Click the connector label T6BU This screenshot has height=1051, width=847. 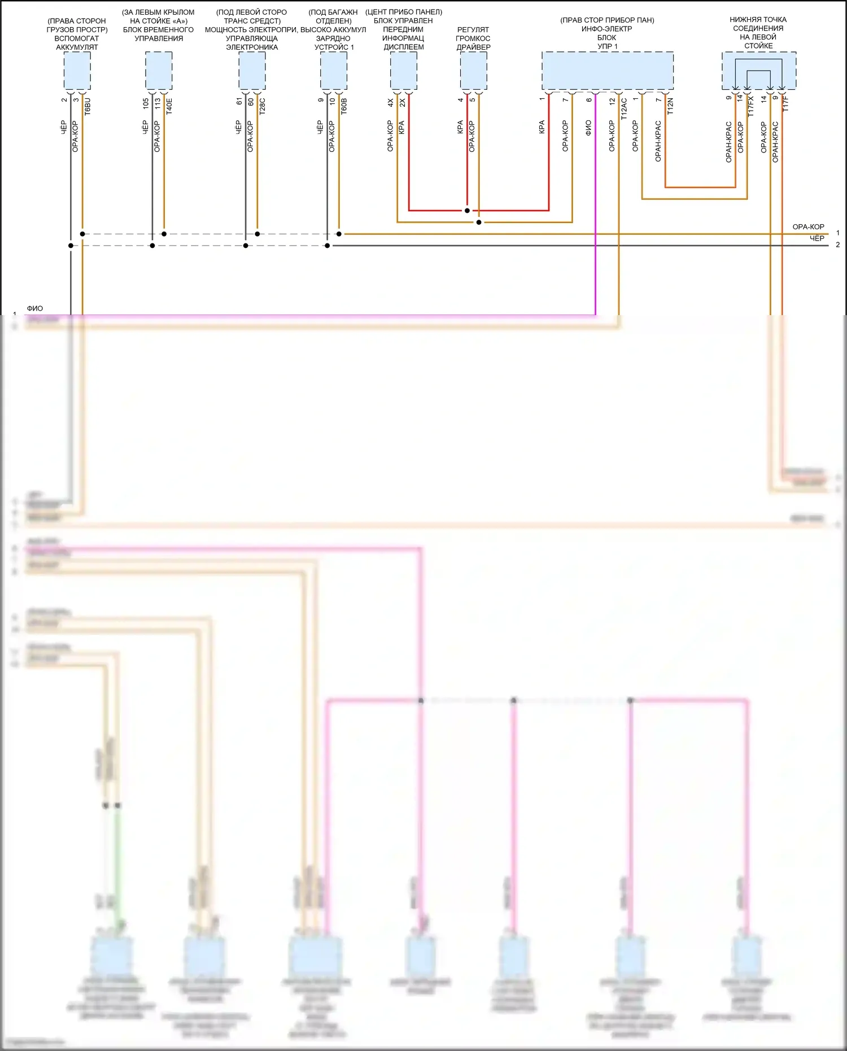(x=87, y=106)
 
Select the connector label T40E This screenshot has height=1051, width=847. (x=169, y=106)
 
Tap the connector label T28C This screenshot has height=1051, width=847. (x=262, y=106)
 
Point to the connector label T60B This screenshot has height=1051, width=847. (x=344, y=106)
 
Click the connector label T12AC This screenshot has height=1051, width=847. (x=624, y=108)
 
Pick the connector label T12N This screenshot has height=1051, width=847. (x=670, y=106)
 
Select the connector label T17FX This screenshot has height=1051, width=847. (x=750, y=106)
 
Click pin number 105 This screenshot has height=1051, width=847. (x=146, y=103)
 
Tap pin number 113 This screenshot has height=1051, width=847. (x=158, y=103)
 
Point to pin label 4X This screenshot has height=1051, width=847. (x=390, y=102)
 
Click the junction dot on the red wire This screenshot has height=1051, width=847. (x=467, y=211)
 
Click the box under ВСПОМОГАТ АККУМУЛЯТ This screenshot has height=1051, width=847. (x=77, y=71)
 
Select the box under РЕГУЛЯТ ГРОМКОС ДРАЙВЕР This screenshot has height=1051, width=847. (x=473, y=71)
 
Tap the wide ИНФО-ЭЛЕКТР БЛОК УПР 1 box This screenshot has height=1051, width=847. (x=607, y=71)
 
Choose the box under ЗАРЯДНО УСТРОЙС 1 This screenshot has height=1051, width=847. (x=334, y=71)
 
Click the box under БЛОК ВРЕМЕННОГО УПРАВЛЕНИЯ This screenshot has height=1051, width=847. (x=159, y=71)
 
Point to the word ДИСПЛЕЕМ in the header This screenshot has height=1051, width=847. (x=404, y=47)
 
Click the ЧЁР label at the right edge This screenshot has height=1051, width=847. (x=817, y=238)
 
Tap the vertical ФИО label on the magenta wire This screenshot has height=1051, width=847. (x=588, y=128)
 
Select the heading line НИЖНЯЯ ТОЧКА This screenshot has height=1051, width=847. (x=758, y=20)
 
